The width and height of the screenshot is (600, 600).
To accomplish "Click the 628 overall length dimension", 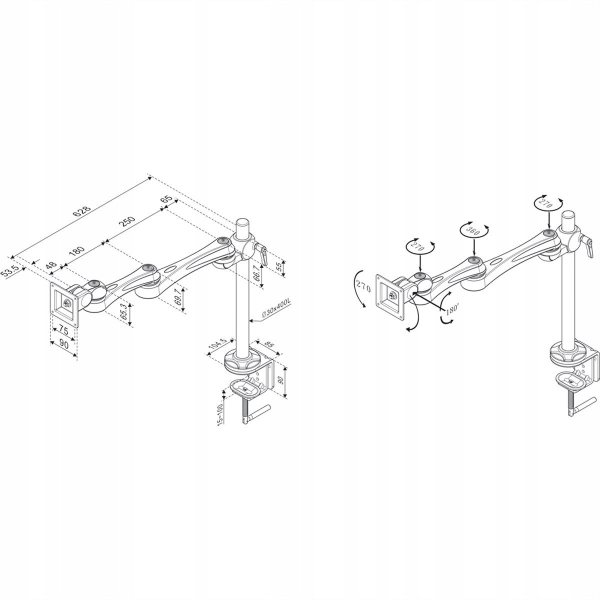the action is pos(81,211).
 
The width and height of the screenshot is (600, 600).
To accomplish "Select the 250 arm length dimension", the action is pos(126,221).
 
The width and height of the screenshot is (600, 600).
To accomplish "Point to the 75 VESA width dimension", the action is pos(64,329).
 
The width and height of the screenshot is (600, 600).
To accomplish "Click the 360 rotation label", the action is pos(473,230).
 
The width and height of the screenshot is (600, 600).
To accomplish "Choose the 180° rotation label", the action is pos(452,309).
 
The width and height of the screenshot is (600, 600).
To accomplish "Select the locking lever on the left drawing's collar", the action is pos(261,254).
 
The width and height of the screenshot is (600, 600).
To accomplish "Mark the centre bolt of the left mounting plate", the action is pos(66,301).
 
